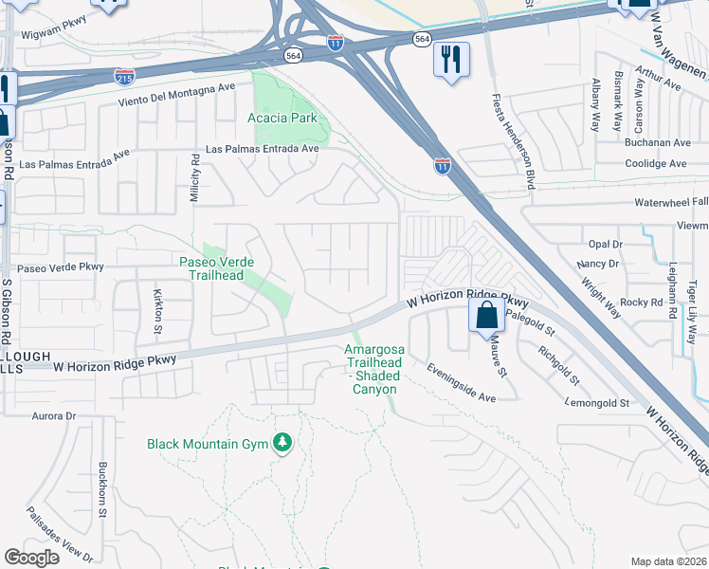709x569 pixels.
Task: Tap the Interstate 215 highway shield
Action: point(124,75)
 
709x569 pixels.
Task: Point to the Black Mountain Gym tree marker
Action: point(282,443)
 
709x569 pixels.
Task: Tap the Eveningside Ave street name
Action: point(461,382)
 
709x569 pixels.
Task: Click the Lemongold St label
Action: point(592,403)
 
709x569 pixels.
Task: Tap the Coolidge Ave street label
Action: point(656,163)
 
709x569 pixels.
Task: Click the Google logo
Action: point(31,558)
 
